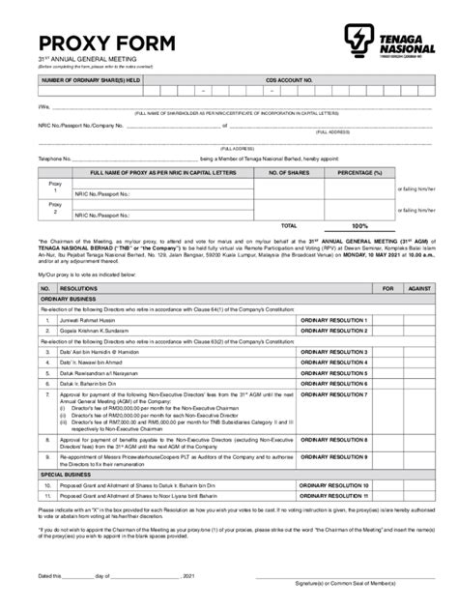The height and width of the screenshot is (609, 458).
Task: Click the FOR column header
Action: [388, 288]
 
